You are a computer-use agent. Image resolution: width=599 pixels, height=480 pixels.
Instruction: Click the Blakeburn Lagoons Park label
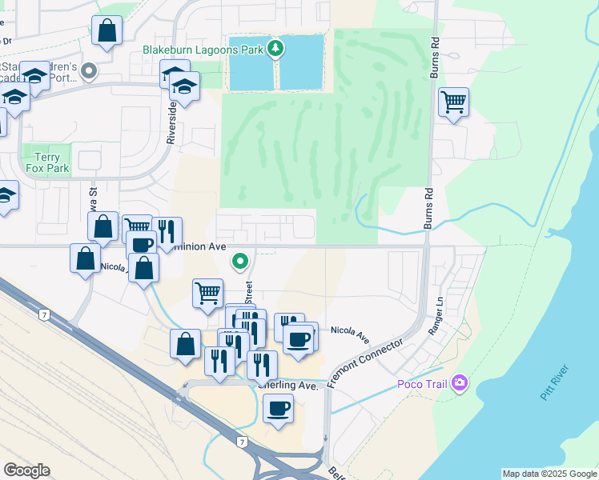[203, 50]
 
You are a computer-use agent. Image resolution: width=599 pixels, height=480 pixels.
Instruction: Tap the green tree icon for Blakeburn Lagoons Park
[275, 50]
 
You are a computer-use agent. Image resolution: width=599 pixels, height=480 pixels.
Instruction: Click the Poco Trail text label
[424, 384]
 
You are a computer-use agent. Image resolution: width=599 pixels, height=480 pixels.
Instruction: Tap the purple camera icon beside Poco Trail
[460, 383]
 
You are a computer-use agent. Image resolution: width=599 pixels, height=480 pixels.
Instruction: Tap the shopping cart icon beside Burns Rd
[453, 102]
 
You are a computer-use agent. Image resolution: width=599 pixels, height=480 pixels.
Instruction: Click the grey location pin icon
[89, 72]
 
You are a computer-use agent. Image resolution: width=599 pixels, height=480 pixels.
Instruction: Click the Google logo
[26, 470]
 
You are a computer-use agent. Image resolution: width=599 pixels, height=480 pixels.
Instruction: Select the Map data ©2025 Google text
[549, 474]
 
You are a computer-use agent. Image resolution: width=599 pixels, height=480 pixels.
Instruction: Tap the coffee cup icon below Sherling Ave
[278, 408]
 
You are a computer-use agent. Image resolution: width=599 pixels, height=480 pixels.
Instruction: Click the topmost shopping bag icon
[107, 30]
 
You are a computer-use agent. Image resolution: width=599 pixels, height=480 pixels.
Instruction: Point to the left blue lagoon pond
[251, 63]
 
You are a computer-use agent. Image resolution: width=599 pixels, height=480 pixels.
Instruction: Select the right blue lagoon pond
[302, 63]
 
